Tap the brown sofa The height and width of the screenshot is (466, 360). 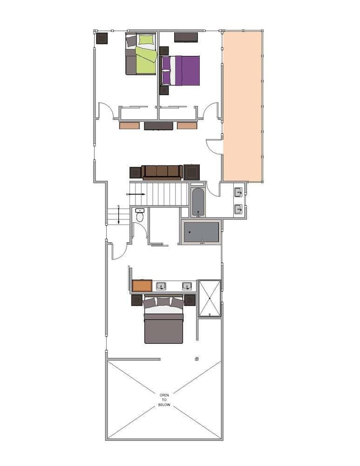162,171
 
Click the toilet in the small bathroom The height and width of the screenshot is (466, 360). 140,216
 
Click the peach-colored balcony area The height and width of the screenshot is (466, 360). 243,106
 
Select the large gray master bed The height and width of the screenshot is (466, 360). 163,324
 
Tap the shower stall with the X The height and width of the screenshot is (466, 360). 209,298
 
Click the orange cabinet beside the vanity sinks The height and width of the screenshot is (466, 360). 142,286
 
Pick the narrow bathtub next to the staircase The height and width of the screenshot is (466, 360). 198,202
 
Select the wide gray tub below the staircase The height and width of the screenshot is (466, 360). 201,232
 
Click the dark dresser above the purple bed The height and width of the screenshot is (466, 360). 186,37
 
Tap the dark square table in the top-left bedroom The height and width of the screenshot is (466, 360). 102,38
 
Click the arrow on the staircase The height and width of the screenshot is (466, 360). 136,194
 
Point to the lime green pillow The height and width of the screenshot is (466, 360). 146,40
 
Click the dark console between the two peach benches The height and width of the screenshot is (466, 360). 158,126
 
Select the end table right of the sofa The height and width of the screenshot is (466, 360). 191,172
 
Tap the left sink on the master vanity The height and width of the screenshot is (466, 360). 161,286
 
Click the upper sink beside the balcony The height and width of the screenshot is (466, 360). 238,192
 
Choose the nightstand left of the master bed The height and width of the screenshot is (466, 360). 136,300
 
